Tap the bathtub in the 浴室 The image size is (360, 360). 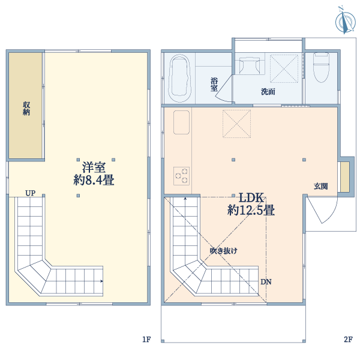pos(180,79)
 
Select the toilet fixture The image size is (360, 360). pos(321,67)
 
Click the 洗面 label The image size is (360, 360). pos(268,92)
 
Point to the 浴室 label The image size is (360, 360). pos(214,84)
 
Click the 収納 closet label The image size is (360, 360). pos(26,108)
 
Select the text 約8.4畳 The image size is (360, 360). pos(94,179)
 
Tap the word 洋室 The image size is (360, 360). pos(94,166)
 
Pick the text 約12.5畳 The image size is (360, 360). pos(251,211)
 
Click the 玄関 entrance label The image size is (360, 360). pos(320,186)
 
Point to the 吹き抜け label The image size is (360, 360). pos(223,251)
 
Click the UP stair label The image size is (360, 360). pos(30,193)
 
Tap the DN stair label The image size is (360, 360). pos(266,281)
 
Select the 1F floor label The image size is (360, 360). pos(146,340)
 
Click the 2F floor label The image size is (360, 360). pos(348,340)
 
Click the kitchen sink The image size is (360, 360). pos(182,123)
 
